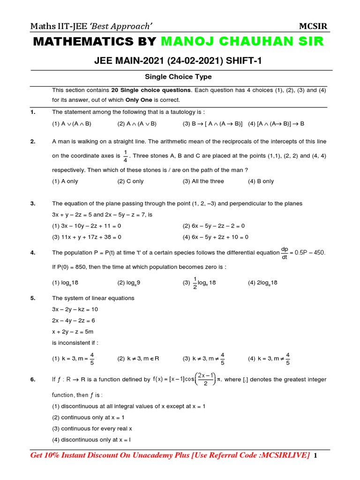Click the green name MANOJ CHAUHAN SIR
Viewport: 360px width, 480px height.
click(x=242, y=41)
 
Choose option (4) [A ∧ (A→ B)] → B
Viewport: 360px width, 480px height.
click(x=276, y=124)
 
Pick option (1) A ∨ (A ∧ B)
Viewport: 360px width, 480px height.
click(x=72, y=124)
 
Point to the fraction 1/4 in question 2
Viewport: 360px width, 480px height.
click(x=125, y=156)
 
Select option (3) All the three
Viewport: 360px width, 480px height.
click(x=203, y=181)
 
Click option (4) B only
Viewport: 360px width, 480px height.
click(x=261, y=181)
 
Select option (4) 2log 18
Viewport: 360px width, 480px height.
click(x=263, y=283)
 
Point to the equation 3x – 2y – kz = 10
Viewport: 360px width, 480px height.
click(x=75, y=309)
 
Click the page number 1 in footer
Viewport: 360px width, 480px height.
click(x=315, y=456)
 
